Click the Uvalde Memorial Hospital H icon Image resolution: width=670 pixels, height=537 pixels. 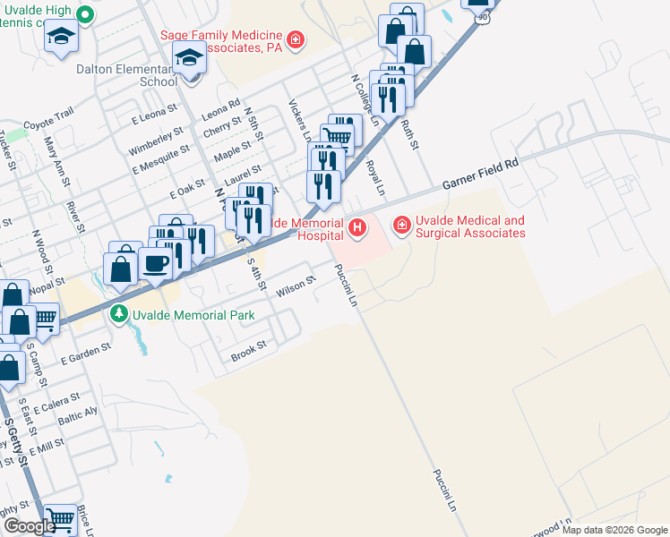[358, 228]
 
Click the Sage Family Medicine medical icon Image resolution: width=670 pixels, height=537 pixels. [294, 41]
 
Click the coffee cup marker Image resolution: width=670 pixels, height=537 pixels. [157, 264]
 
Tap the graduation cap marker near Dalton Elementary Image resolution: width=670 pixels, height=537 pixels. [189, 60]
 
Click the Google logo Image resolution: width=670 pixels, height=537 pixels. [30, 527]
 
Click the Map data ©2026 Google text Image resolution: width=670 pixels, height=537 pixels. [614, 530]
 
